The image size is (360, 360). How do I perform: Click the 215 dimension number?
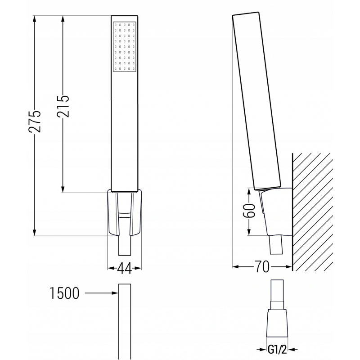pos(63,106)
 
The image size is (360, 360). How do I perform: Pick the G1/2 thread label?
pos(278,349)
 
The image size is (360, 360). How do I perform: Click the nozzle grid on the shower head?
pos(125,46)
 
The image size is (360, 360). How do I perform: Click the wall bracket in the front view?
pos(125,214)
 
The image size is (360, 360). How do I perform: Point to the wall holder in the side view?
pos(274,211)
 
